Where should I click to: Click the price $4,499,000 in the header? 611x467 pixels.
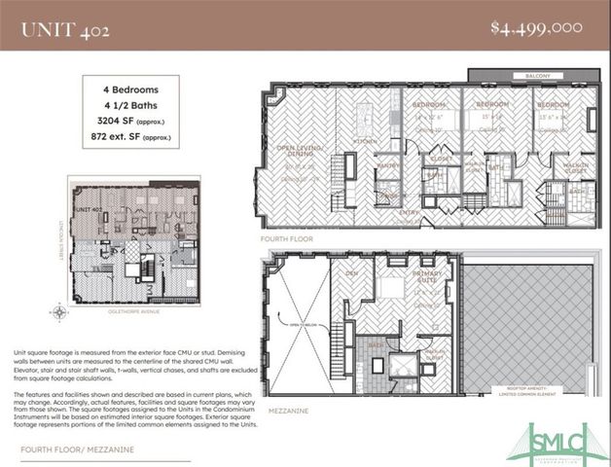(x=537, y=27)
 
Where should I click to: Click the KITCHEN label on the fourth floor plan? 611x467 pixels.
(x=364, y=141)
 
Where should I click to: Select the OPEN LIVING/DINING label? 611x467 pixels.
(x=300, y=152)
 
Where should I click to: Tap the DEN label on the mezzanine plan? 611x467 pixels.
(x=352, y=273)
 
